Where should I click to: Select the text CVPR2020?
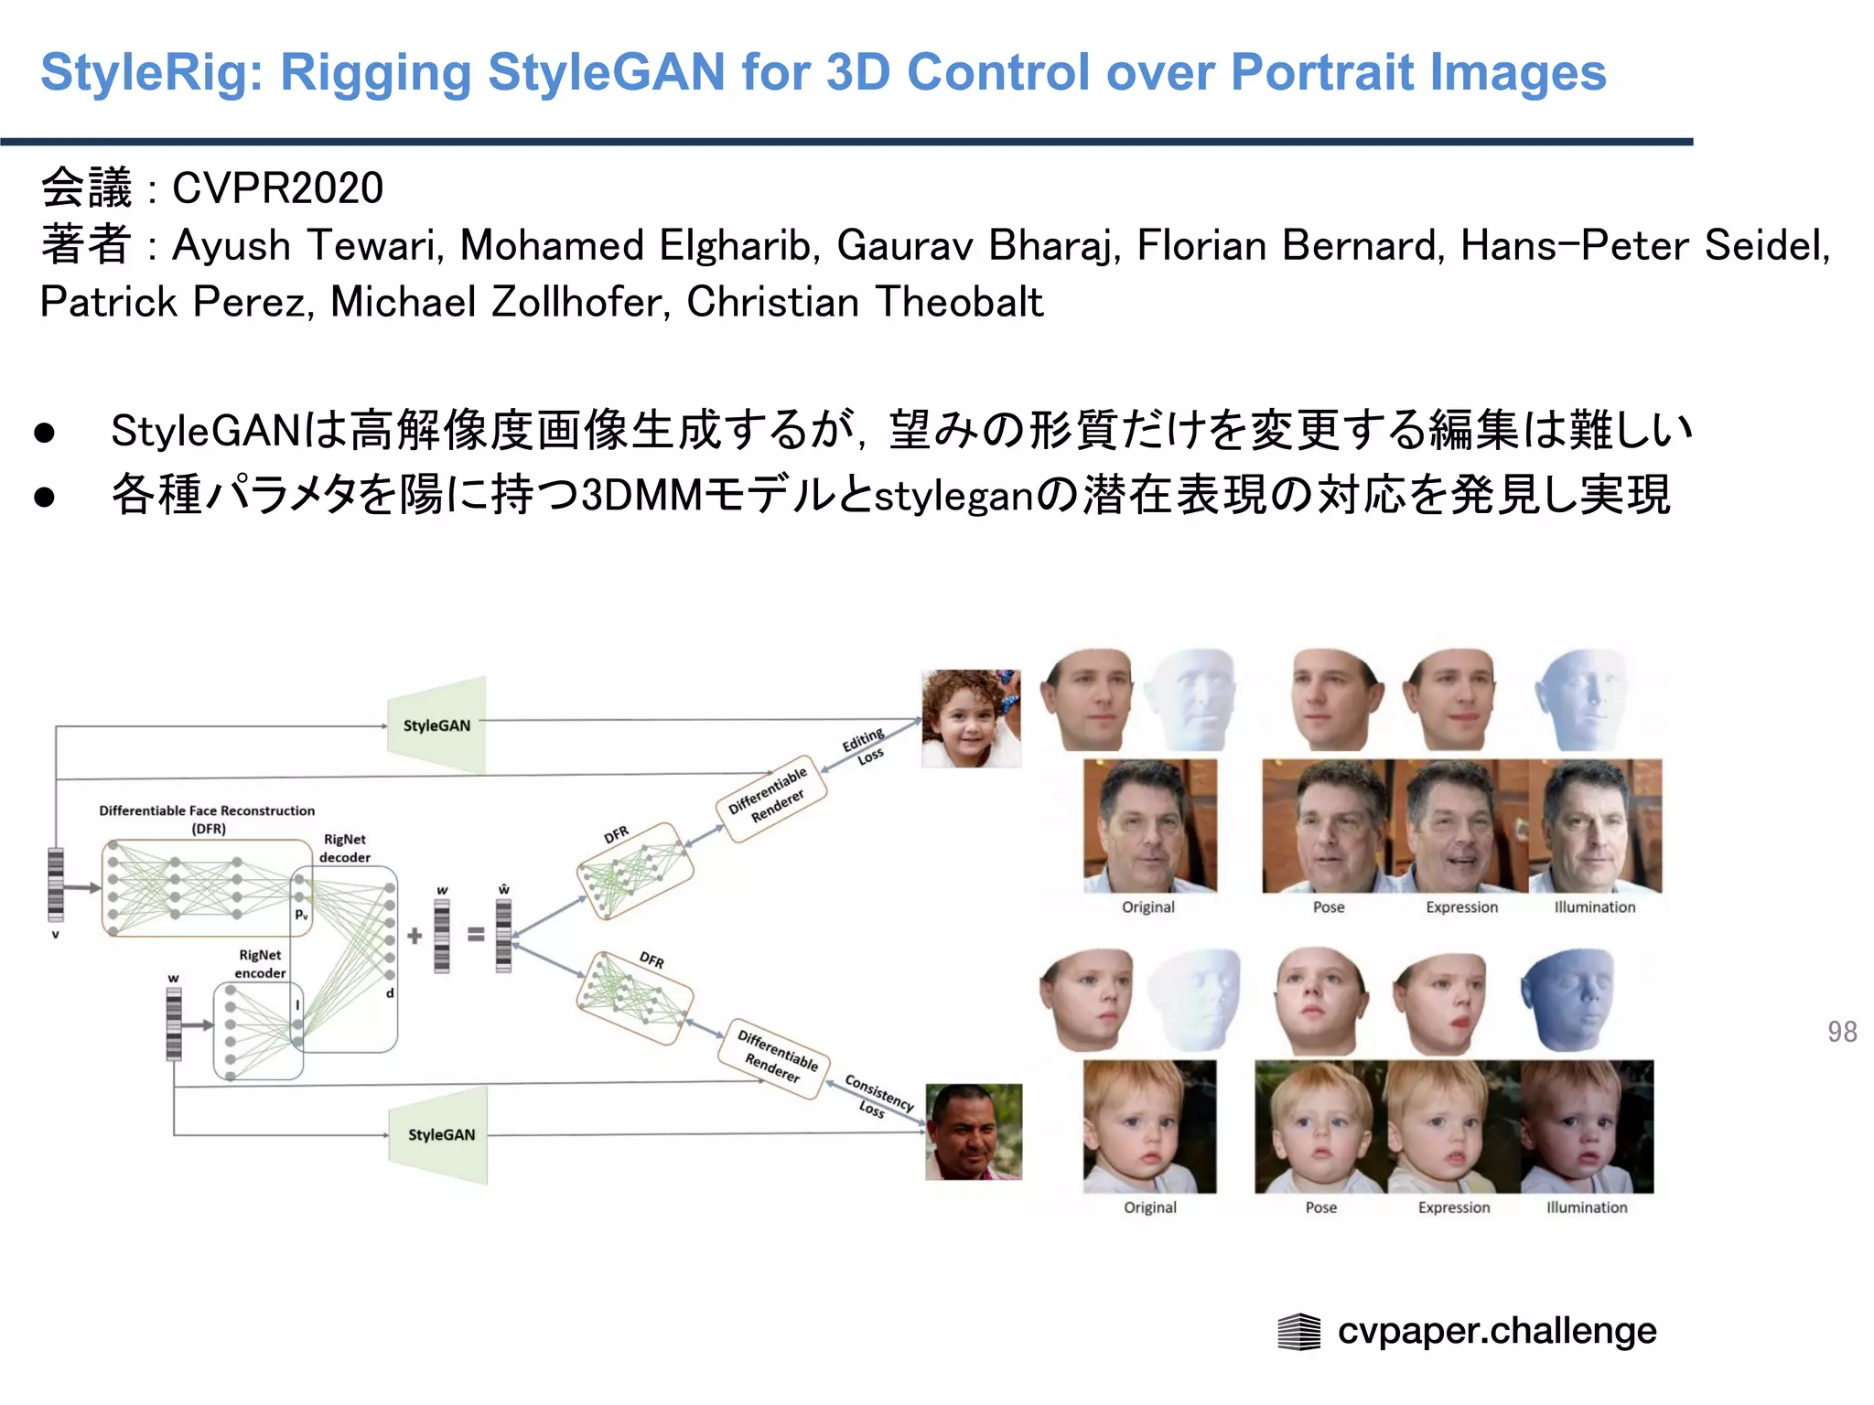[277, 188]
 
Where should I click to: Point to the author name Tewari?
[375, 245]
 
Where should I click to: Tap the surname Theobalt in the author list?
[958, 302]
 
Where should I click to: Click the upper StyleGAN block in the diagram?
[436, 725]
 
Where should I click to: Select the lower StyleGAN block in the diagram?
[440, 1134]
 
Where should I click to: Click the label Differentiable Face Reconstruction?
[207, 811]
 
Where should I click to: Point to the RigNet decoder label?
[345, 848]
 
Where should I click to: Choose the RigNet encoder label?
[260, 964]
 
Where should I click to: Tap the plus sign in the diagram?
[415, 935]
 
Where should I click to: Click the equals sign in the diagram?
[476, 934]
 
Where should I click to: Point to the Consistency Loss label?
[878, 1095]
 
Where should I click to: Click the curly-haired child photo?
[971, 718]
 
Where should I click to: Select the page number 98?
[1842, 1032]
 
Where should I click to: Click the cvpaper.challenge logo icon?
[1298, 1332]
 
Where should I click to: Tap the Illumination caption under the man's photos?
[1594, 907]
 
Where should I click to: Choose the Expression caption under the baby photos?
[1454, 1207]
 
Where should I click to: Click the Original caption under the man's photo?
[1148, 907]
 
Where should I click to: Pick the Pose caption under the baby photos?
[1320, 1207]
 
